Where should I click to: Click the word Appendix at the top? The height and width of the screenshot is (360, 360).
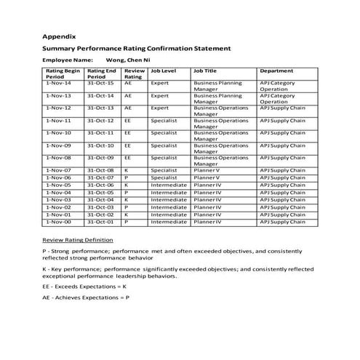(60, 36)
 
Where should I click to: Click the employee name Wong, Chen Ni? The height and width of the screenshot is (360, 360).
(129, 59)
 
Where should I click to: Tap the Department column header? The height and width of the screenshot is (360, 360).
(277, 71)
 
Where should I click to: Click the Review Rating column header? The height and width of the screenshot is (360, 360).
(133, 74)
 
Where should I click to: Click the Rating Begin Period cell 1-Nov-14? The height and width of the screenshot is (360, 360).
(58, 84)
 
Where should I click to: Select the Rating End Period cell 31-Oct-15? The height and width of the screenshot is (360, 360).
(100, 84)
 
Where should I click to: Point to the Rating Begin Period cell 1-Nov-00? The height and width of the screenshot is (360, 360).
(58, 222)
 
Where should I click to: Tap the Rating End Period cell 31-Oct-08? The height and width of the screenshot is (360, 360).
(100, 170)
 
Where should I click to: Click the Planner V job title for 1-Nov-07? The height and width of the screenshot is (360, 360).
(207, 170)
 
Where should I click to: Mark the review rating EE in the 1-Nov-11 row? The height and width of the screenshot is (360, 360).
(128, 121)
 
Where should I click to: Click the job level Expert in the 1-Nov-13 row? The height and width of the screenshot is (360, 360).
(159, 96)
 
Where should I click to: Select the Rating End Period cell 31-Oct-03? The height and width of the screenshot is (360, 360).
(100, 207)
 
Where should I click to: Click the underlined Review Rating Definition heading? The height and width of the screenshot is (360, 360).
(78, 239)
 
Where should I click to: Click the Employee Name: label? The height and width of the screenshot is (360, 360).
(68, 59)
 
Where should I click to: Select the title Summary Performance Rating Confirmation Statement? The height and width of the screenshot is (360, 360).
(137, 48)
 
